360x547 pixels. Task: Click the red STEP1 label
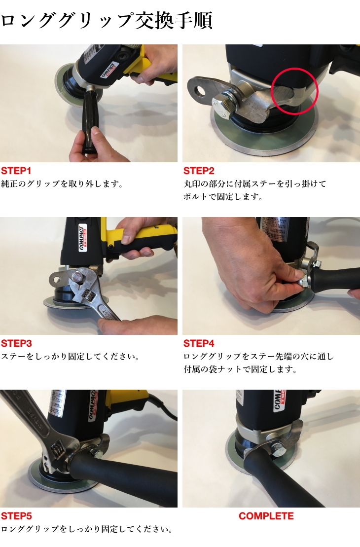coord(16,171)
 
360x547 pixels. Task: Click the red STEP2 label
coord(199,171)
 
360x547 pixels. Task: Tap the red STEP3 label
coord(16,343)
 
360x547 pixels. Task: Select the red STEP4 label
coord(199,343)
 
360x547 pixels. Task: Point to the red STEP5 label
coord(16,516)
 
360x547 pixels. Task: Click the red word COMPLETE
coord(266,516)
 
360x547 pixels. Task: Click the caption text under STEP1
coord(61,184)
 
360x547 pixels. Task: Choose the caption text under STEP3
coord(69,356)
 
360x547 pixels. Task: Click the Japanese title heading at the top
coord(107,21)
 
